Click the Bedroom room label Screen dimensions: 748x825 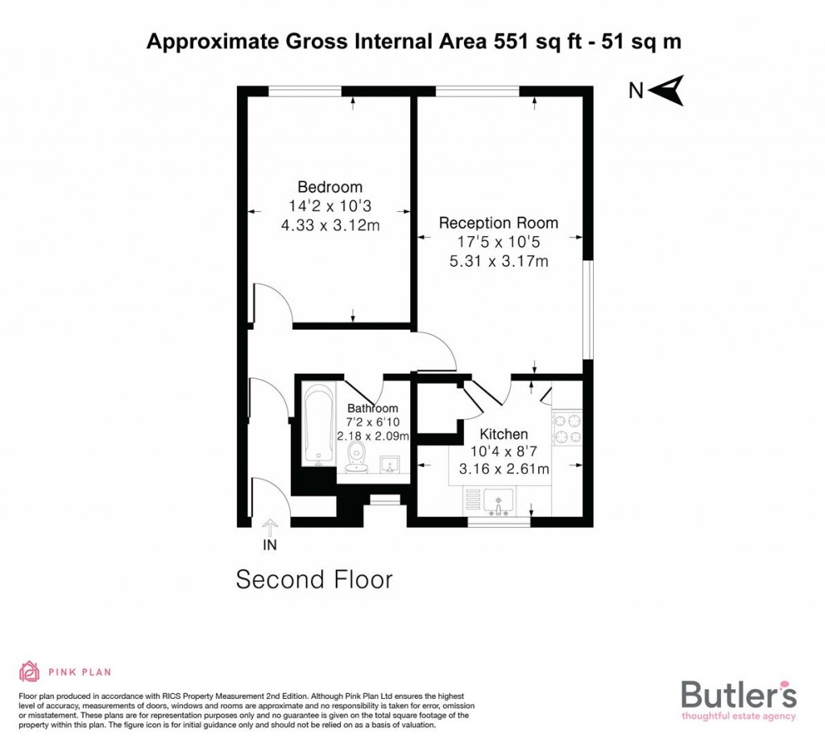(x=330, y=187)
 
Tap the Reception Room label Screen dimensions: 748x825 (x=498, y=222)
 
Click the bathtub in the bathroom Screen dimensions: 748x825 (x=317, y=425)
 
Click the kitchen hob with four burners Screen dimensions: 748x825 (x=567, y=429)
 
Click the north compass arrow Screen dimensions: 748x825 (x=667, y=89)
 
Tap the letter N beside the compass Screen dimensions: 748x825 (x=636, y=90)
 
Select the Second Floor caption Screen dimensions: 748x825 (x=314, y=580)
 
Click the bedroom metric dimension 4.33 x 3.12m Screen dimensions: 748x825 (x=330, y=226)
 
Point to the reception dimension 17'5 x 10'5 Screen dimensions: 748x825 (x=498, y=241)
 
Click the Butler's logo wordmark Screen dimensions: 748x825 (x=739, y=695)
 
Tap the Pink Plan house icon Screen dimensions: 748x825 (x=29, y=671)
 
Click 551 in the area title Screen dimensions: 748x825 (x=510, y=42)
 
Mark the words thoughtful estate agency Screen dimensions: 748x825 (x=739, y=716)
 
